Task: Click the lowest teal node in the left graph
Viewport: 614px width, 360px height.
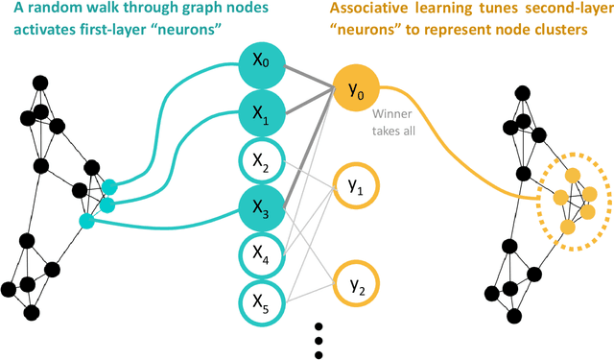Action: click(x=87, y=222)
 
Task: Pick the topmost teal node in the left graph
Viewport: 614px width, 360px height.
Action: click(x=108, y=186)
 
